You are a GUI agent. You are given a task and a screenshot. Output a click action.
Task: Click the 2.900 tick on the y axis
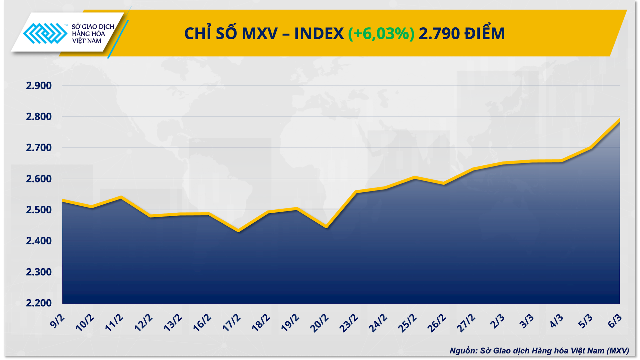[39, 86]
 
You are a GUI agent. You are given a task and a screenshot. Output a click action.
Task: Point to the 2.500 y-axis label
[39, 210]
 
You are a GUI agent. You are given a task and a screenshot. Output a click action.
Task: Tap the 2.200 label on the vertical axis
[39, 303]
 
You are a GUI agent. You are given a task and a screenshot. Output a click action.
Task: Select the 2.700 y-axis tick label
[39, 148]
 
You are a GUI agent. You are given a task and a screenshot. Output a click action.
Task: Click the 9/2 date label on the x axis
[57, 321]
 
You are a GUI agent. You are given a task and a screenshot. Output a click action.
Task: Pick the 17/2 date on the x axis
[231, 322]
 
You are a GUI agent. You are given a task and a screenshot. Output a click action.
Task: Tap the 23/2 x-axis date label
[349, 323]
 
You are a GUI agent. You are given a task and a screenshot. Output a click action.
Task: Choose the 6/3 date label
[615, 321]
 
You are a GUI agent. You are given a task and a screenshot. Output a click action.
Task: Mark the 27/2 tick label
[466, 323]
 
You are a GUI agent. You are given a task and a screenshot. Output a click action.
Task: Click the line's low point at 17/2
[238, 231]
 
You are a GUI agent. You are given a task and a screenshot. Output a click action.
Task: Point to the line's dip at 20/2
[326, 227]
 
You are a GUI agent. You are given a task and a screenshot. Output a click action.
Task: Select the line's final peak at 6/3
[619, 120]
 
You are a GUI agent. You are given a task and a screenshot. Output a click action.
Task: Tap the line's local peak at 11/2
[121, 197]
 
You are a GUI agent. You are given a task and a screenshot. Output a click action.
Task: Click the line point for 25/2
[414, 177]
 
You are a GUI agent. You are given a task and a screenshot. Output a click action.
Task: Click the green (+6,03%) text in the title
[381, 33]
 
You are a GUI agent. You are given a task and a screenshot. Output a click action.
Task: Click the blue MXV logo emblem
[45, 33]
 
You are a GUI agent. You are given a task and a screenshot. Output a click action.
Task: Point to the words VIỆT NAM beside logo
[87, 41]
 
